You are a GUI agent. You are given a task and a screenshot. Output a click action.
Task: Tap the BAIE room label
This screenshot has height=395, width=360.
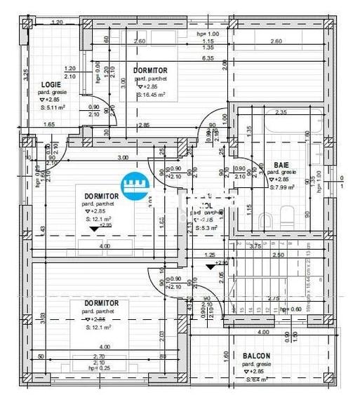[x=281, y=165]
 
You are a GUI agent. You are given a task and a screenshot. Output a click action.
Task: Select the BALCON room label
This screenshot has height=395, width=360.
[x=256, y=356]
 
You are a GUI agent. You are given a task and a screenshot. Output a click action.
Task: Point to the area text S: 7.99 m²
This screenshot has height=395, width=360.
[x=283, y=187]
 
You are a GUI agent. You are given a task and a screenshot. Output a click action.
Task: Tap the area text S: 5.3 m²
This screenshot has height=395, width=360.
[x=208, y=228]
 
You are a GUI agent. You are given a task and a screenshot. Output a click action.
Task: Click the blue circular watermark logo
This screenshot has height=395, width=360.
[x=137, y=186]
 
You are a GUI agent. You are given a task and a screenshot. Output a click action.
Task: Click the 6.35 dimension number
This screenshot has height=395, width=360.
[x=208, y=58]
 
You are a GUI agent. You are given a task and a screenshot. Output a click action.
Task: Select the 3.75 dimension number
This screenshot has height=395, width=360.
[x=255, y=246]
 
